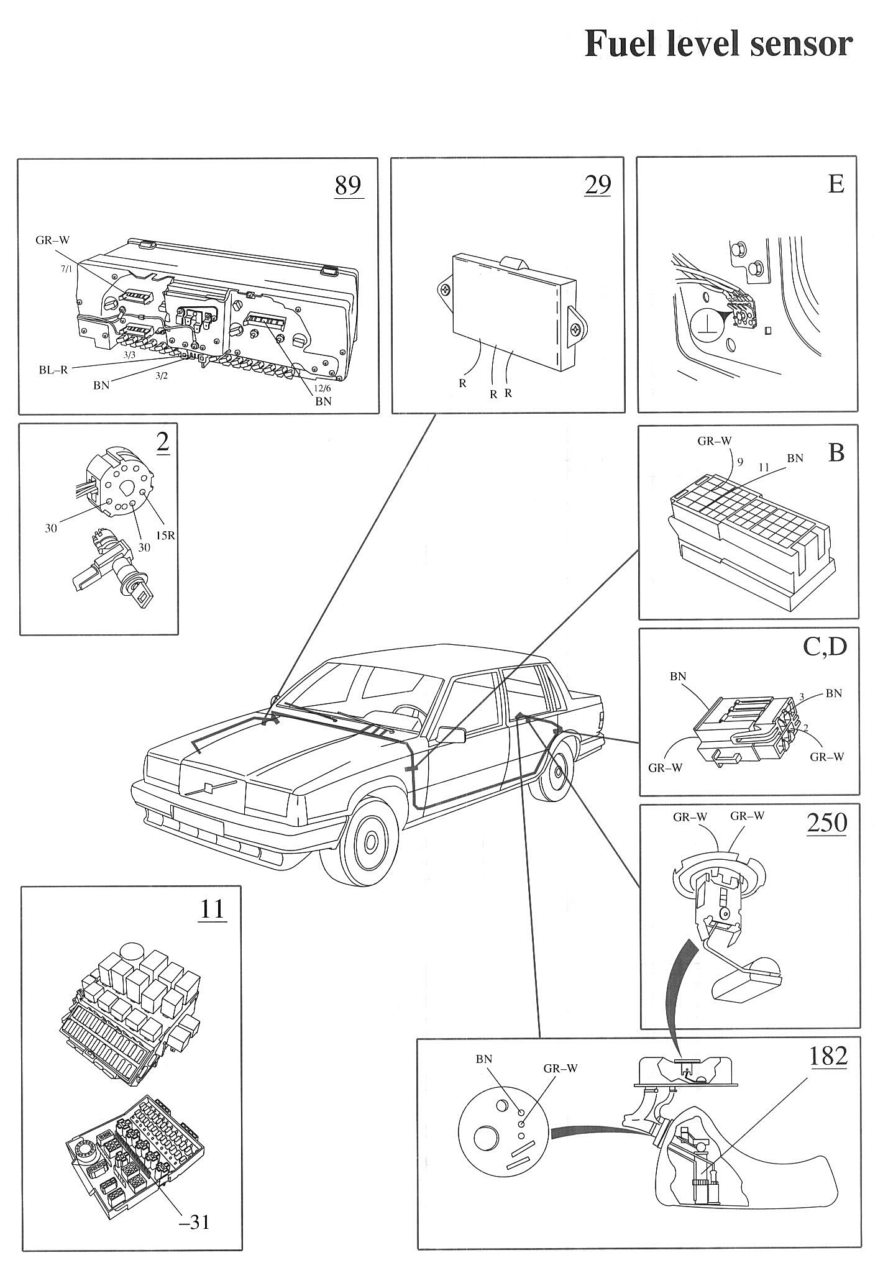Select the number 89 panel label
pyautogui.click(x=348, y=185)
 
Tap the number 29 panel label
pyautogui.click(x=597, y=185)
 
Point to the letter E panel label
pyautogui.click(x=836, y=185)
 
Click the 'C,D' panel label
pyautogui.click(x=825, y=647)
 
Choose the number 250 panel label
pyautogui.click(x=826, y=823)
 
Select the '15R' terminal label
pyautogui.click(x=165, y=534)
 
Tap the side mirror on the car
pyautogui.click(x=452, y=734)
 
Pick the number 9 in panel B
pyautogui.click(x=739, y=461)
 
